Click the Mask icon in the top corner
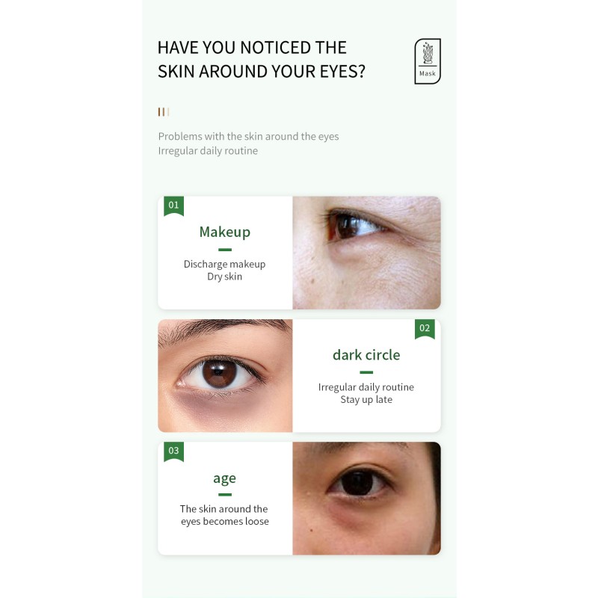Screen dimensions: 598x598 tap(428, 61)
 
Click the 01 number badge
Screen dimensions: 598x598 tap(173, 205)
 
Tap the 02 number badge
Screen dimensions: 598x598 tap(425, 328)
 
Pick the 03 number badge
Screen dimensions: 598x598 tap(173, 451)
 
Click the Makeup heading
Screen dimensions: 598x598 tap(224, 232)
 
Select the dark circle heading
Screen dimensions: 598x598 tap(366, 354)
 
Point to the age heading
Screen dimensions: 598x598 tap(224, 478)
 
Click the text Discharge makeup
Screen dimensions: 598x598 tap(224, 264)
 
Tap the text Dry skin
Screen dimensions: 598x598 tap(224, 277)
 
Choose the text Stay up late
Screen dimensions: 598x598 tap(366, 399)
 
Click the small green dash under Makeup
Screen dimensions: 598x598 tap(224, 250)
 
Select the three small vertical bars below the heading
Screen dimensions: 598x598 tap(163, 112)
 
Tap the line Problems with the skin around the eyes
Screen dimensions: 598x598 tap(248, 136)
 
